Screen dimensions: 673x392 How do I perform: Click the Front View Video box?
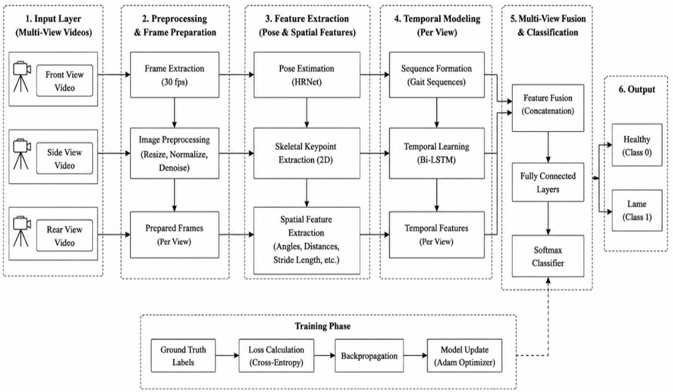point(64,81)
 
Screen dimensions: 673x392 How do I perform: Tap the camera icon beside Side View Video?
point(21,154)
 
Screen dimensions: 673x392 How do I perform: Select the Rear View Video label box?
point(64,236)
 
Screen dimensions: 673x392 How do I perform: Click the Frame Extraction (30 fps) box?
point(175,75)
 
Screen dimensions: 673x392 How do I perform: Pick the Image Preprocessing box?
point(175,154)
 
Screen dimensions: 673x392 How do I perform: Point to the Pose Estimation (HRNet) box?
point(307,75)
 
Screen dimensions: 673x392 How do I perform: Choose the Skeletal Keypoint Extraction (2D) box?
point(307,154)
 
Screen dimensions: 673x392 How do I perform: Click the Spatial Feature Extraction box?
point(307,240)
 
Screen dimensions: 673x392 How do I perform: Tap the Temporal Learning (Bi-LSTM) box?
point(437,154)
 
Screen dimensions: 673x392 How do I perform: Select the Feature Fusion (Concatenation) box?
point(548,108)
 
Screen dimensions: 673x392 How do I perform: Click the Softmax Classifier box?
point(548,256)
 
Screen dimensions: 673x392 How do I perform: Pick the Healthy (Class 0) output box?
point(637,145)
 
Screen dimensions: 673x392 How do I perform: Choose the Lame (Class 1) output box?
point(637,210)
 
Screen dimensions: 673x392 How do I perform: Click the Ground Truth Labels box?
point(184,356)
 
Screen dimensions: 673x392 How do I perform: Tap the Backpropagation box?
point(369,356)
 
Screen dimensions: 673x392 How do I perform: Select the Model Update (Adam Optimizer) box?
point(464,356)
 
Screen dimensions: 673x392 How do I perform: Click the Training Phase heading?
point(323,326)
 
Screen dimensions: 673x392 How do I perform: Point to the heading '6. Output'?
point(637,89)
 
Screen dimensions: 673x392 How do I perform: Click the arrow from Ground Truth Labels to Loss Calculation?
point(227,356)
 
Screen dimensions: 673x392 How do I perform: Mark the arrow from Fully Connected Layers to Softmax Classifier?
point(548,218)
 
